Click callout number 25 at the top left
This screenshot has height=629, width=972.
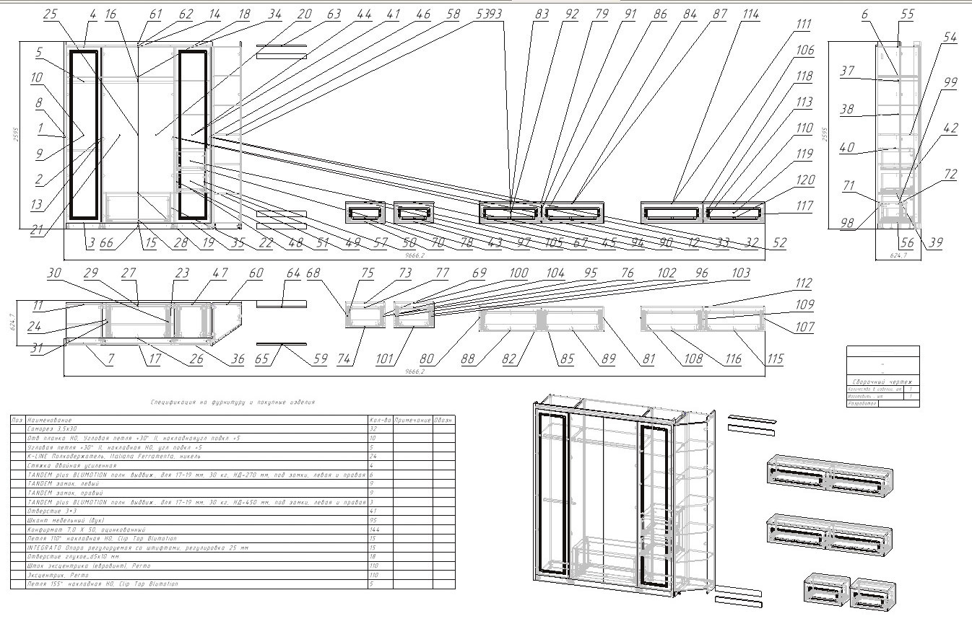click(50, 14)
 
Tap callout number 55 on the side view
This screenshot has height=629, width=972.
click(907, 14)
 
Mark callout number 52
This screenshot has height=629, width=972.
click(778, 245)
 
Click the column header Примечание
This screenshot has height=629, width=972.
click(412, 419)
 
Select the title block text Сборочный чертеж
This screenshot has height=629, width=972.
click(882, 382)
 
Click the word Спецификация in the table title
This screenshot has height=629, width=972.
click(174, 402)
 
